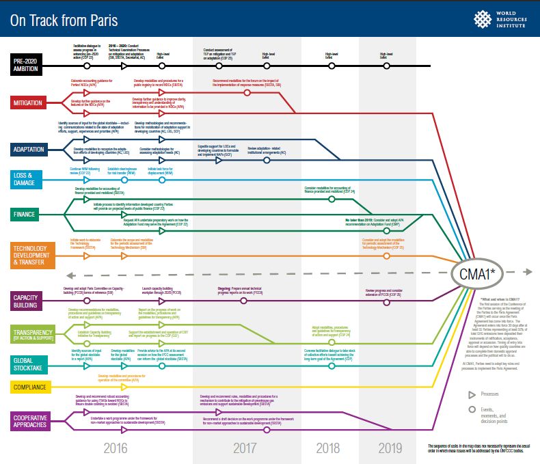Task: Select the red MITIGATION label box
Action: coord(29,103)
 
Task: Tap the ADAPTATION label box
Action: coord(29,148)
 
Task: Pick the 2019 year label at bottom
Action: coord(391,449)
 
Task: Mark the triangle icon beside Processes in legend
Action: coord(472,395)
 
